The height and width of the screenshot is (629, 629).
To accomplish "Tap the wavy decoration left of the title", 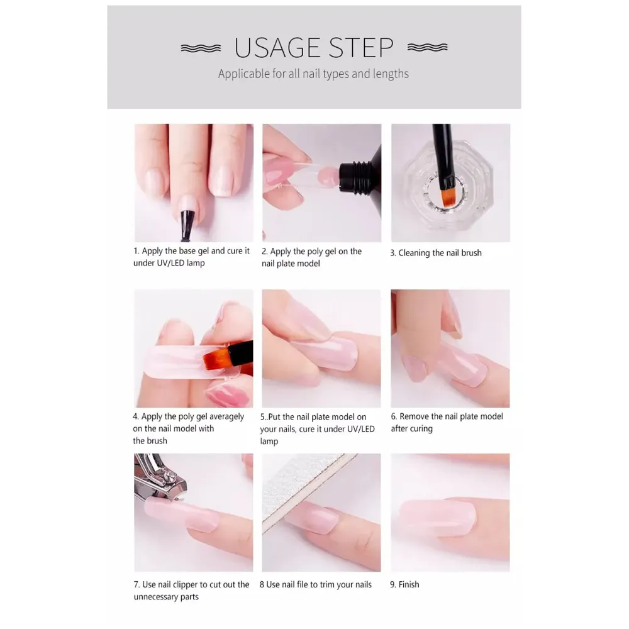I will click(201, 48).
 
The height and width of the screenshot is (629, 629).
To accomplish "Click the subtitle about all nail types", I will click(313, 74).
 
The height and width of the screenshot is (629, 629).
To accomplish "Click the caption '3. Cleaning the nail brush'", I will click(436, 253).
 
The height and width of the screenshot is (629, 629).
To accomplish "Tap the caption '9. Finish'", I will click(404, 584).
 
